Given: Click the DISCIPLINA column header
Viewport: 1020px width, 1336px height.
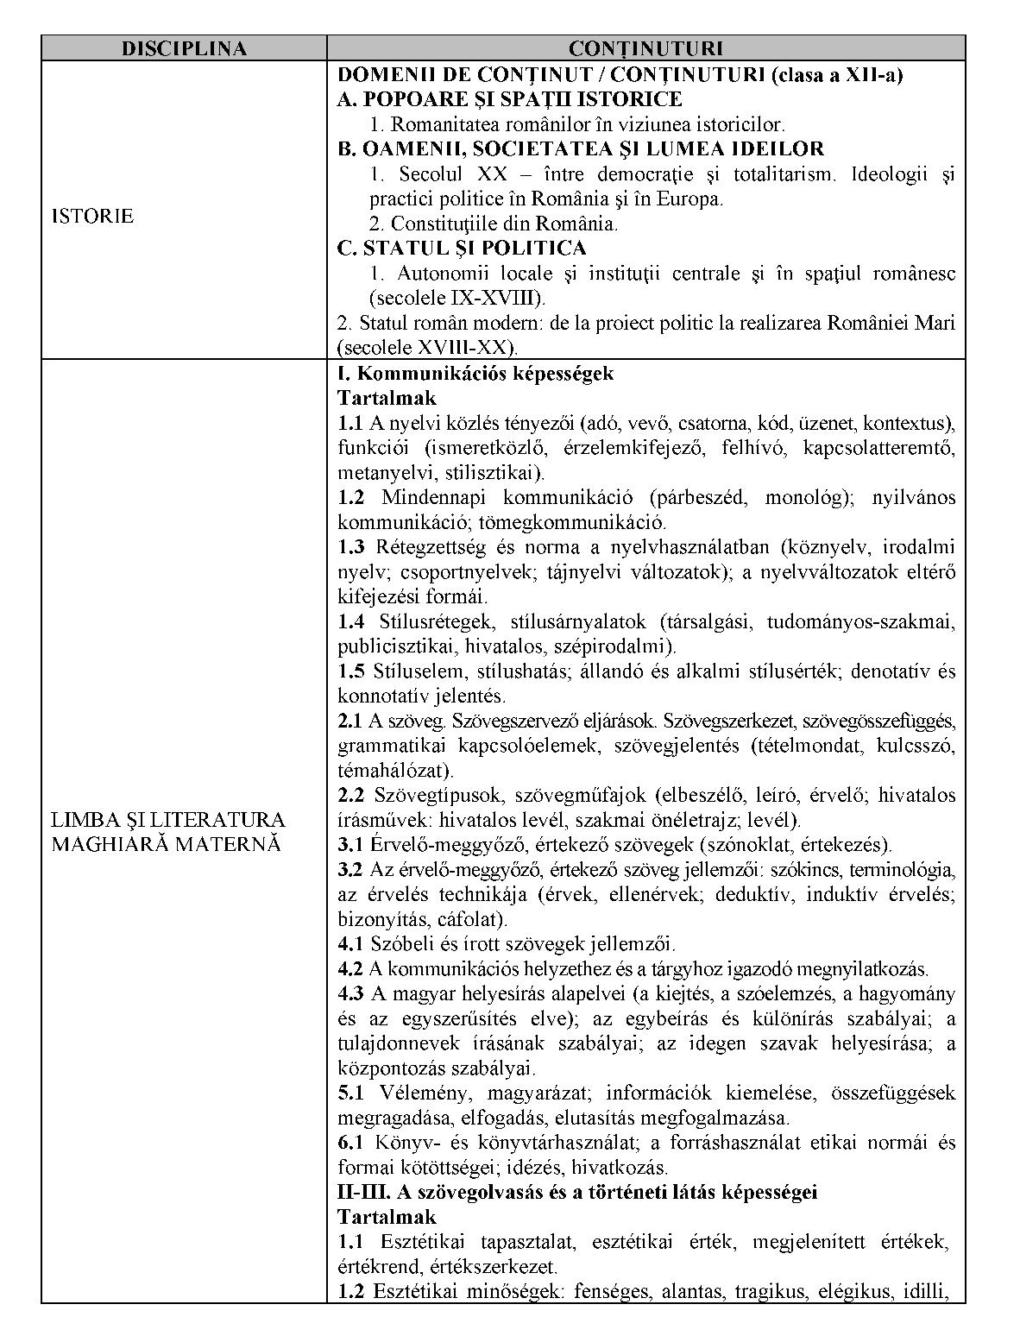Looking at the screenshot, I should (184, 48).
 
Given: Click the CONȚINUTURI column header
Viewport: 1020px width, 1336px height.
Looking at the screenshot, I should (645, 48).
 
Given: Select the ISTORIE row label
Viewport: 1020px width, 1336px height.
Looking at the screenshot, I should (92, 216).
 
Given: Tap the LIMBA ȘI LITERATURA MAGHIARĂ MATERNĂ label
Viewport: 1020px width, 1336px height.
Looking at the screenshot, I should (167, 831).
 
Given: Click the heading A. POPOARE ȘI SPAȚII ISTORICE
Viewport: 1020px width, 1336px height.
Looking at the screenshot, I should (509, 99).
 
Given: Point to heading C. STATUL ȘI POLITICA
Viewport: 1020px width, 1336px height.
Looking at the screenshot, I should (462, 249).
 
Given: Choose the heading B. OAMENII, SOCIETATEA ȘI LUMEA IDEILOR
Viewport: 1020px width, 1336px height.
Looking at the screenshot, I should (581, 148).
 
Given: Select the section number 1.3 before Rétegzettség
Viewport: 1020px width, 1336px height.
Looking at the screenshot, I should (351, 547).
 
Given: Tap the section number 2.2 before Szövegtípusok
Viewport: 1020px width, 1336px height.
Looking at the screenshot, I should (351, 795).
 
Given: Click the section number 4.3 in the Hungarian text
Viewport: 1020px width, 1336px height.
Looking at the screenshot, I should (351, 994).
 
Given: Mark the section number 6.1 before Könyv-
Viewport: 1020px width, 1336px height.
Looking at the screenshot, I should (351, 1144).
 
